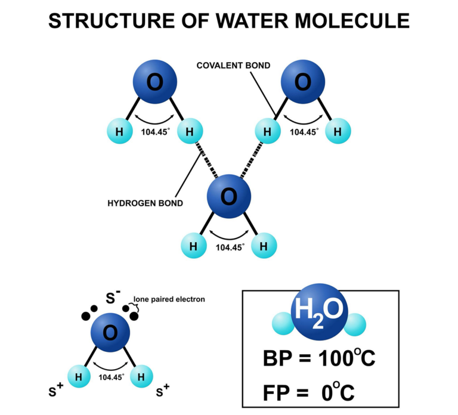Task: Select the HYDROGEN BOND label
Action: [x=145, y=203]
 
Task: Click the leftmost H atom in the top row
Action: [x=119, y=131]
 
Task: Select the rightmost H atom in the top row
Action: [x=338, y=131]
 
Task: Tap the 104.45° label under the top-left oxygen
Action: [x=155, y=131]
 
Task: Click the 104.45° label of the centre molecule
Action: [x=230, y=246]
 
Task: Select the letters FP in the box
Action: [x=277, y=393]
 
